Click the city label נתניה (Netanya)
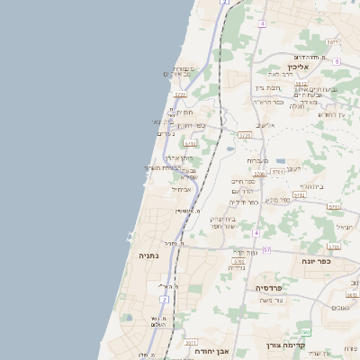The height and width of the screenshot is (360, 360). click(148, 256)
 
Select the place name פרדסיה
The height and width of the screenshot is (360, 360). click(269, 288)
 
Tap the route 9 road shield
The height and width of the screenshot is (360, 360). click(336, 61)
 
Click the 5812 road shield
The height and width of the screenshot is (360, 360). click(301, 84)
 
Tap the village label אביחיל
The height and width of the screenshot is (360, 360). click(182, 189)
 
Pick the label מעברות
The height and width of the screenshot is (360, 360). click(258, 159)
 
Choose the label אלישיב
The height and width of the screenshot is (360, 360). click(265, 126)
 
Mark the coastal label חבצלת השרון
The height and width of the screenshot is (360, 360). click(163, 167)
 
